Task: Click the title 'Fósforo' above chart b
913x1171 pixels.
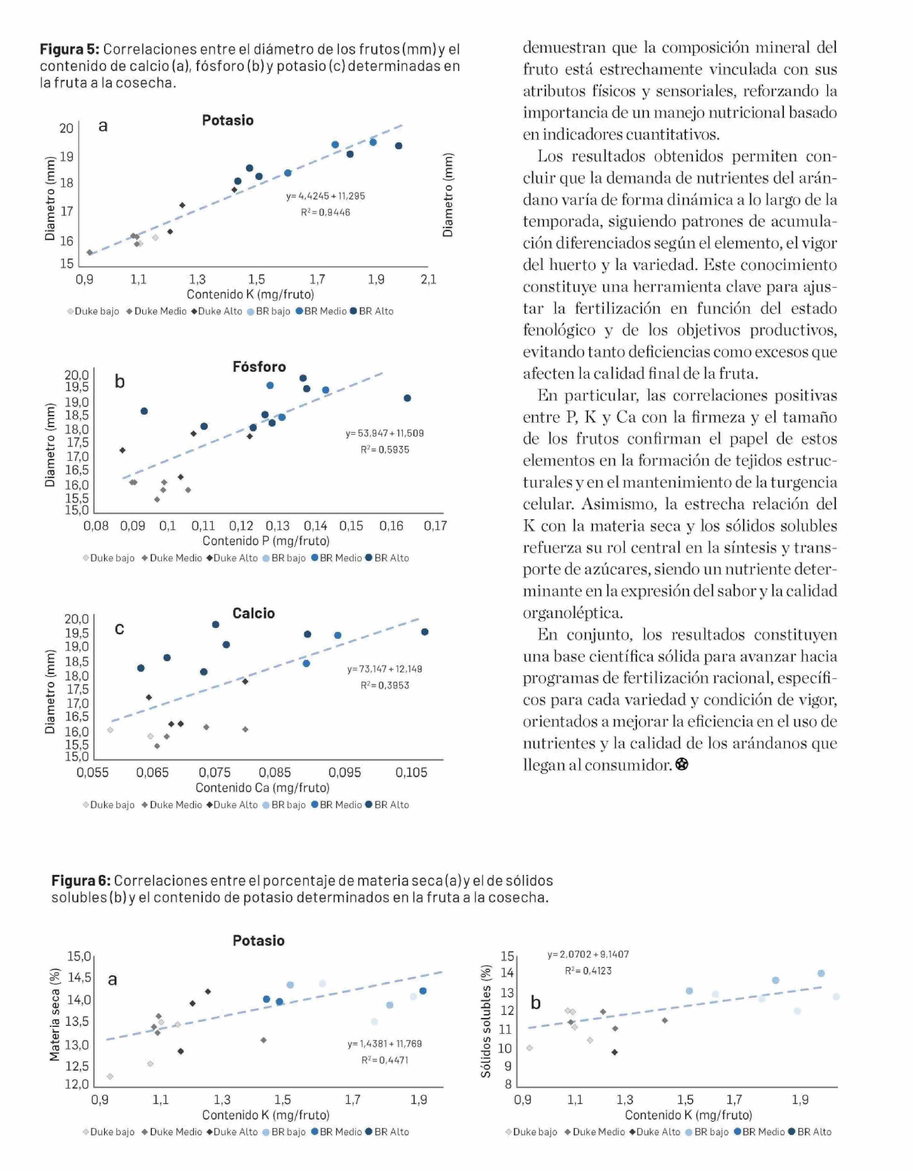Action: [x=259, y=367]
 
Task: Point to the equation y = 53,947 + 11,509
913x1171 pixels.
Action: [x=384, y=433]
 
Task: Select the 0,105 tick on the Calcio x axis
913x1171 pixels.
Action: [x=411, y=773]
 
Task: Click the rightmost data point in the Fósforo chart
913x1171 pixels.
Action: [x=408, y=398]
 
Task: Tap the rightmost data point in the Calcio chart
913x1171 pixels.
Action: [x=425, y=632]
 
